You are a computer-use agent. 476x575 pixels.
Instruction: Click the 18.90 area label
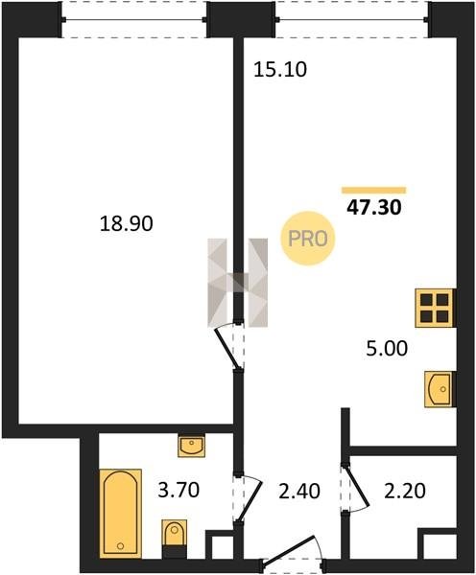pyautogui.click(x=126, y=223)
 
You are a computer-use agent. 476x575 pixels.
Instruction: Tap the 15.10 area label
pyautogui.click(x=280, y=70)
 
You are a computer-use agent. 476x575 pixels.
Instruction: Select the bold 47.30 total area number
pyautogui.click(x=374, y=208)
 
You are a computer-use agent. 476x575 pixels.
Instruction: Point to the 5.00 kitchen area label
pyautogui.click(x=387, y=348)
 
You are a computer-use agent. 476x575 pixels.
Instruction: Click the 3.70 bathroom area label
pyautogui.click(x=178, y=491)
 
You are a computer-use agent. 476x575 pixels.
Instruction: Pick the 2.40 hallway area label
pyautogui.click(x=299, y=492)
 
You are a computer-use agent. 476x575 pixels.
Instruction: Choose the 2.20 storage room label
pyautogui.click(x=405, y=491)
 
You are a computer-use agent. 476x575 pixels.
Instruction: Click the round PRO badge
pyautogui.click(x=308, y=239)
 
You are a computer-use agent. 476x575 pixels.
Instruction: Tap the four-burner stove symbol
pyautogui.click(x=435, y=308)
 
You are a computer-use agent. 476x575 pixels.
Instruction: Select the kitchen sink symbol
pyautogui.click(x=440, y=389)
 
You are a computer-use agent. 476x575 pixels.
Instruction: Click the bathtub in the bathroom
pyautogui.click(x=121, y=514)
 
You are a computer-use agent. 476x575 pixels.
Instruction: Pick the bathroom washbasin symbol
pyautogui.click(x=191, y=446)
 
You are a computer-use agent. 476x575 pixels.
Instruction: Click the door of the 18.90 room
pyautogui.click(x=229, y=347)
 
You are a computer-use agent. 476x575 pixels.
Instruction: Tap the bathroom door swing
pyautogui.click(x=249, y=497)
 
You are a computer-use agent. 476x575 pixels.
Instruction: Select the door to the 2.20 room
pyautogui.click(x=355, y=487)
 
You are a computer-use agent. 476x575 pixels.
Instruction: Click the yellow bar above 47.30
pyautogui.click(x=374, y=190)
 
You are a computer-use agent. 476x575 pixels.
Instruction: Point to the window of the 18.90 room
pyautogui.click(x=134, y=19)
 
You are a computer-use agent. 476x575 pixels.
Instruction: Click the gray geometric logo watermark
pyautogui.click(x=238, y=283)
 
